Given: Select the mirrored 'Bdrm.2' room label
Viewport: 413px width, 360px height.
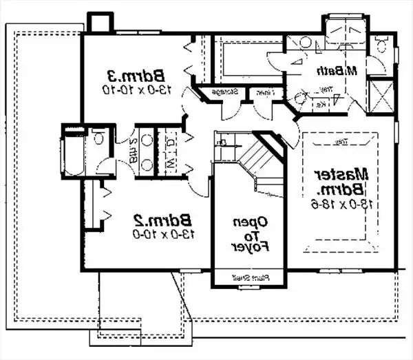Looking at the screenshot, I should coord(162,220).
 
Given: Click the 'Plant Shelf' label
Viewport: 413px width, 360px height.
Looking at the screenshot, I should coord(249,278).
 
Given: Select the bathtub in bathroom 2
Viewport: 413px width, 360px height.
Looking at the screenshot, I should coord(72,152).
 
